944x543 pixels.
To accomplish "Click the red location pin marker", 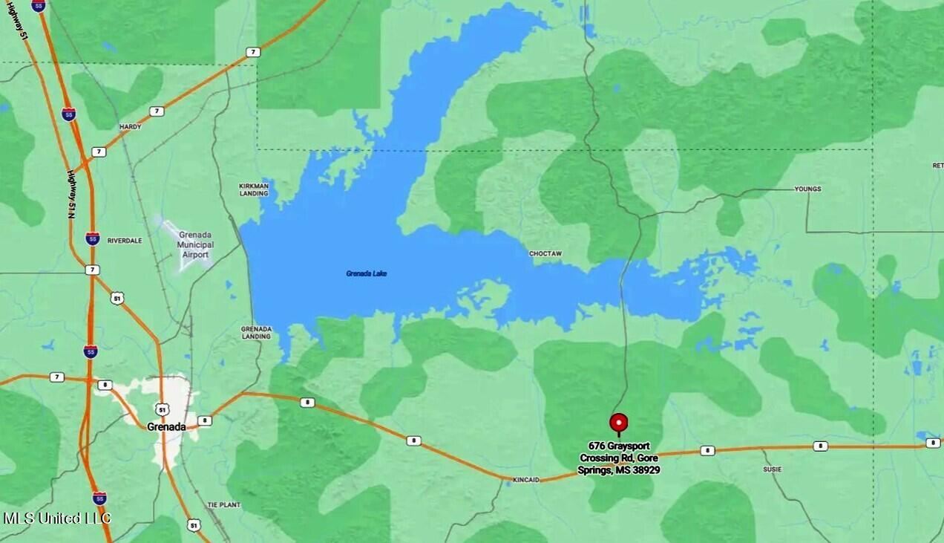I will coord(618,423).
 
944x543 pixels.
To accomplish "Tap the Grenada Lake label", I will coord(366,273).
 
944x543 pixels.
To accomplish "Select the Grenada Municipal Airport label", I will coord(195,244).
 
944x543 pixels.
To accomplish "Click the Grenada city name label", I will coord(166,426).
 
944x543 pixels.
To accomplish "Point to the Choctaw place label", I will coord(545,254).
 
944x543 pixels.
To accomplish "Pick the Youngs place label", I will coord(807,189).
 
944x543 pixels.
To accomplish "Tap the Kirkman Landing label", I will coord(253,189).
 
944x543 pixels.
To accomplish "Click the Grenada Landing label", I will coord(256,332).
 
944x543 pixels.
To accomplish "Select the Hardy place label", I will coord(130,127).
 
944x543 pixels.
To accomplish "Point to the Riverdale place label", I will coord(124,241).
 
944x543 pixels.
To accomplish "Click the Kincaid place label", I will coord(525,481).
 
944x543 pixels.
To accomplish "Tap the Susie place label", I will coord(772,469).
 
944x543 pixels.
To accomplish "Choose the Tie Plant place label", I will coord(223,504).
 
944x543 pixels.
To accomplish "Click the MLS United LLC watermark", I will coord(57,518).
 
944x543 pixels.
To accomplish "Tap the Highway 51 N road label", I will coord(72,194).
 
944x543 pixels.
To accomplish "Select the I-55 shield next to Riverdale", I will coord(92,238).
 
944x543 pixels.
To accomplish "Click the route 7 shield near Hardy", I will coord(156,111).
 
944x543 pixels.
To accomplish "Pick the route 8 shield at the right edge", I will coord(932,443).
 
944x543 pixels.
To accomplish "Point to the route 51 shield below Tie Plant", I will coord(193,524).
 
